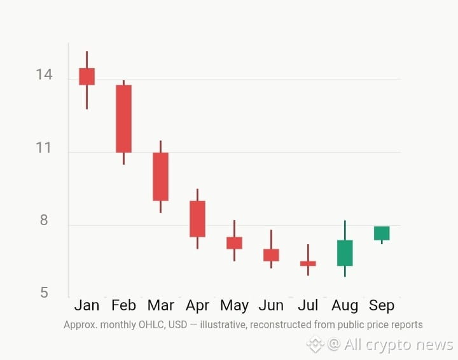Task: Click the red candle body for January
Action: click(87, 76)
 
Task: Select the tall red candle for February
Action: click(123, 119)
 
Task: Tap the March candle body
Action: click(160, 177)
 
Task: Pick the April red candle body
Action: click(197, 219)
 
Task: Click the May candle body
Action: click(234, 243)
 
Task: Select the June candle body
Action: click(271, 255)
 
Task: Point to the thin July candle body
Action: click(308, 263)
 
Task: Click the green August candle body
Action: click(345, 253)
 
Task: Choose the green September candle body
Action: click(382, 233)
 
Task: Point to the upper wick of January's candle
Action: click(87, 60)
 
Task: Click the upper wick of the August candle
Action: click(345, 230)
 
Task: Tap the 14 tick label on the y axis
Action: click(44, 74)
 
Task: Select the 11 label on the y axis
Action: click(43, 148)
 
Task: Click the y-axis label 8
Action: click(44, 220)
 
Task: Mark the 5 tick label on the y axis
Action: click(44, 293)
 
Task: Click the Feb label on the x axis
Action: click(123, 305)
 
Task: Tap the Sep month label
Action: click(382, 306)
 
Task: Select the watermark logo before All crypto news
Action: click(315, 345)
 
